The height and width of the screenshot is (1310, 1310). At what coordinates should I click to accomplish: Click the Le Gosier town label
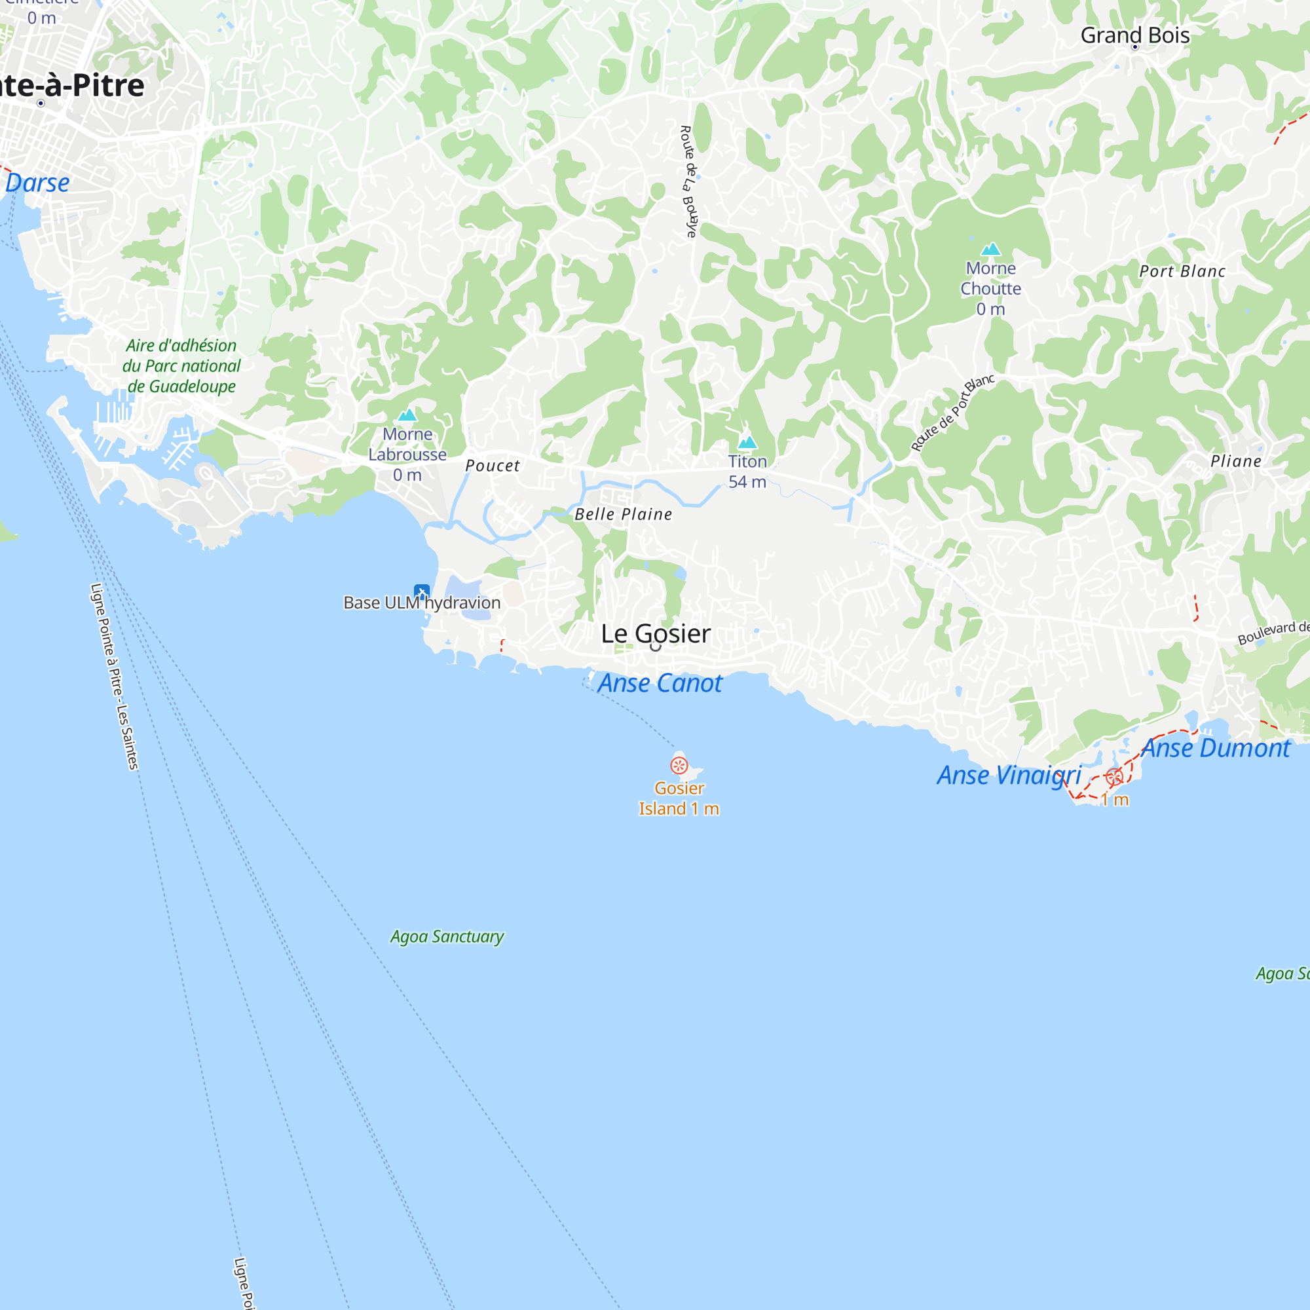pyautogui.click(x=655, y=633)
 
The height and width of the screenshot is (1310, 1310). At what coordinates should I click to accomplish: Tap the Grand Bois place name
pyautogui.click(x=1134, y=35)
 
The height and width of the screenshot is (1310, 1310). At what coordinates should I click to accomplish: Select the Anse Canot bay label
pyautogui.click(x=660, y=683)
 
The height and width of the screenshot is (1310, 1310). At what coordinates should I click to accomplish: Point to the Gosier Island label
pyautogui.click(x=679, y=798)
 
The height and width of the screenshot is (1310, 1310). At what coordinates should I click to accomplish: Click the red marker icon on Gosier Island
pyautogui.click(x=679, y=766)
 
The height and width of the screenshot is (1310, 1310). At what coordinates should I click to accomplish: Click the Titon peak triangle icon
pyautogui.click(x=747, y=442)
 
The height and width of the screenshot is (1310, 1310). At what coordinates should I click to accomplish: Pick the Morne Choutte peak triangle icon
pyautogui.click(x=990, y=249)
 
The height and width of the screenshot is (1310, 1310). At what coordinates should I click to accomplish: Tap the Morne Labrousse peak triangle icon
pyautogui.click(x=407, y=415)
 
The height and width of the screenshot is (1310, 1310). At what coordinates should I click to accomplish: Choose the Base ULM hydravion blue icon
pyautogui.click(x=422, y=591)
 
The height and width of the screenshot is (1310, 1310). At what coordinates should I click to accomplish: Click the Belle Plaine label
pyautogui.click(x=623, y=514)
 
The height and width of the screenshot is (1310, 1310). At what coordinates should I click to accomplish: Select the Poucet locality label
pyautogui.click(x=493, y=465)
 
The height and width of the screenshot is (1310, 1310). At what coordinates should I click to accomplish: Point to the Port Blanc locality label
pyautogui.click(x=1182, y=271)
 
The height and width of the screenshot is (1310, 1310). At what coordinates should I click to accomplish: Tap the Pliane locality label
pyautogui.click(x=1235, y=461)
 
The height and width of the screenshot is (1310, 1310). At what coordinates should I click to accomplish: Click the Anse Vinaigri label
pyautogui.click(x=1009, y=775)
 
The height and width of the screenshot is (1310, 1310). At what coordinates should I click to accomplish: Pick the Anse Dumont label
pyautogui.click(x=1215, y=748)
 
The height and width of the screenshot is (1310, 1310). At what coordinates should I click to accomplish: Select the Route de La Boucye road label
pyautogui.click(x=688, y=181)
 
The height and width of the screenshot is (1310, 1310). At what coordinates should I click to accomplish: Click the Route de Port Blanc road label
pyautogui.click(x=952, y=412)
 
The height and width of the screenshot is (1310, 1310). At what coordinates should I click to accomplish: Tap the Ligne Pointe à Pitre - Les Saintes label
pyautogui.click(x=115, y=676)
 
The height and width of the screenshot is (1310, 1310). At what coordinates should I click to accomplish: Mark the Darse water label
pyautogui.click(x=37, y=183)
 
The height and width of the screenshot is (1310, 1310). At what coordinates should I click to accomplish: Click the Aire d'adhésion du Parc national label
pyautogui.click(x=181, y=365)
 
